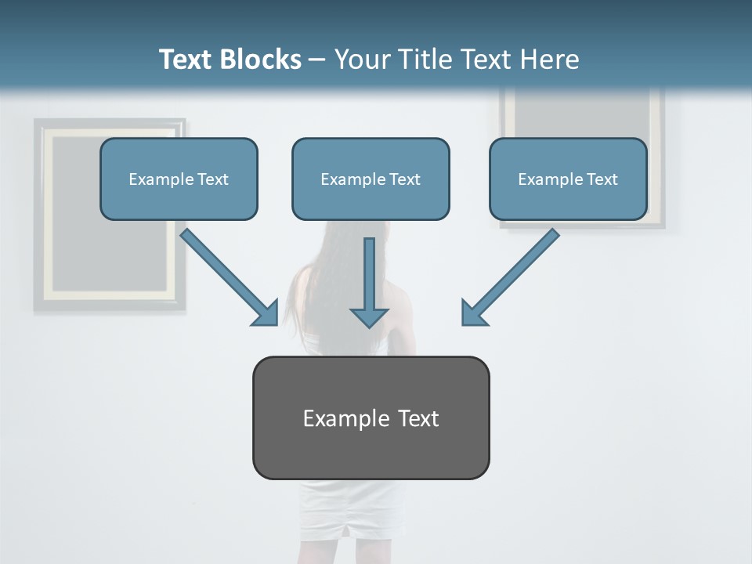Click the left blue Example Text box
point(179,179)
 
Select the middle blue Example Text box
point(371,179)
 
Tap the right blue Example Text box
point(568,179)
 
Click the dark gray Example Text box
point(371,418)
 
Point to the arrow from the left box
point(227,275)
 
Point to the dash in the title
point(317,60)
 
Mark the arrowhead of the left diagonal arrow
point(266,313)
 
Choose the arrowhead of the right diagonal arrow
point(474,313)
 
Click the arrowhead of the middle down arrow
point(369,317)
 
